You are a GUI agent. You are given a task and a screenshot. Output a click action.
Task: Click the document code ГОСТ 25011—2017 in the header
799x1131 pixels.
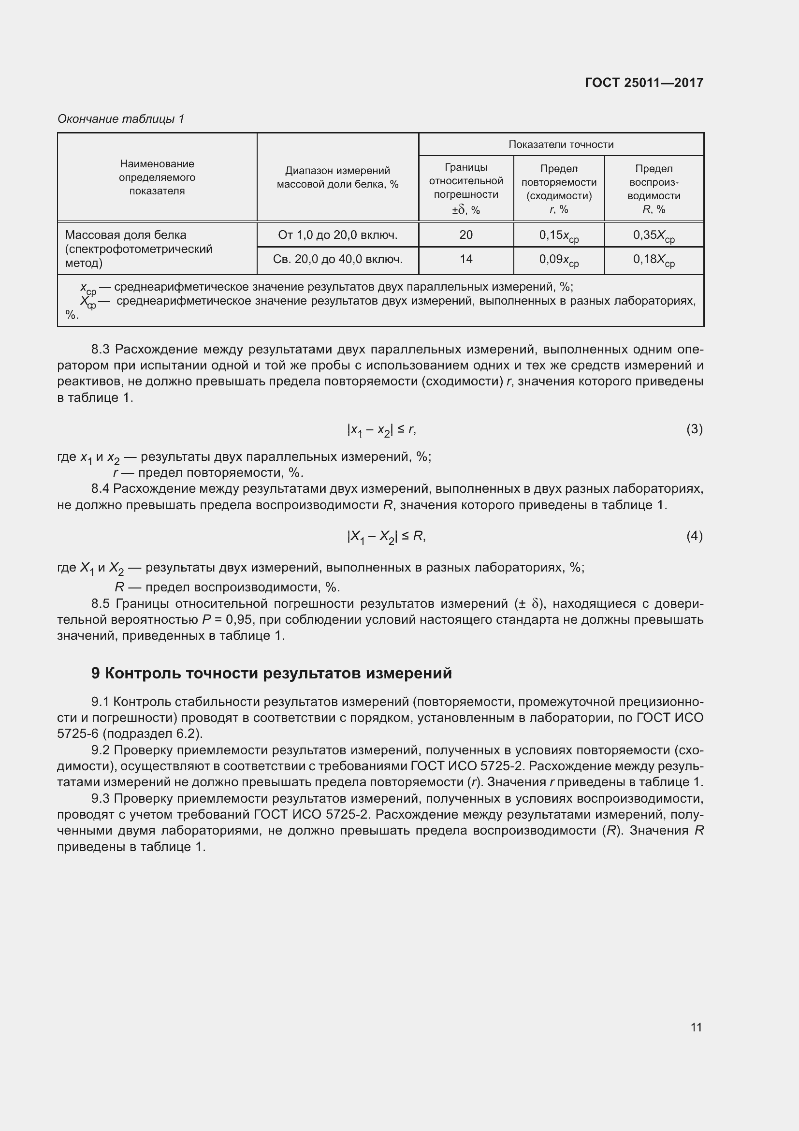point(644,82)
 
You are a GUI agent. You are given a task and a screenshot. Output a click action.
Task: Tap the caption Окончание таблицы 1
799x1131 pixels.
point(121,119)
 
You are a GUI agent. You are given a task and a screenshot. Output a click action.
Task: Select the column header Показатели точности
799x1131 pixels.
point(561,144)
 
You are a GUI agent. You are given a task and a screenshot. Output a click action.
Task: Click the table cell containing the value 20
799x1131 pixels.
point(465,235)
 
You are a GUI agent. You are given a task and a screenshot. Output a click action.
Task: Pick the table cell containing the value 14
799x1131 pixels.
point(465,259)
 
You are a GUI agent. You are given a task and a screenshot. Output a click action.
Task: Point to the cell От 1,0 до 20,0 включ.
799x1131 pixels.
point(338,235)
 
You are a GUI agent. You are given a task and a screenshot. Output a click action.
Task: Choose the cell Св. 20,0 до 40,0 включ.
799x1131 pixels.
point(338,259)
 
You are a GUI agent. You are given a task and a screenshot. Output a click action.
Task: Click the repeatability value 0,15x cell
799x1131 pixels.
point(559,236)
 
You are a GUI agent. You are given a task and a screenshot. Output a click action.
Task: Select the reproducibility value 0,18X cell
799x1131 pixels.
point(654,260)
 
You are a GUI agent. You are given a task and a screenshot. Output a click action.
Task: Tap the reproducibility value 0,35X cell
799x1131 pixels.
point(654,236)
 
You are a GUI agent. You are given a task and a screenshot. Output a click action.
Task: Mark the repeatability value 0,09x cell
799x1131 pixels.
point(559,260)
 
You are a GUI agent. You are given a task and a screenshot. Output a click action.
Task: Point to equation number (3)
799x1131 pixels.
point(694,429)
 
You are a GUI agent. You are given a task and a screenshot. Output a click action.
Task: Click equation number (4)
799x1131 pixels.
point(694,535)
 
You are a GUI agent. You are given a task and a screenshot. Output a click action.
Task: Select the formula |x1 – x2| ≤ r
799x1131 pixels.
point(381,430)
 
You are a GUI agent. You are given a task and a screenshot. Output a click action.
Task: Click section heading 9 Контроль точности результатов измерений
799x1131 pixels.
point(271,673)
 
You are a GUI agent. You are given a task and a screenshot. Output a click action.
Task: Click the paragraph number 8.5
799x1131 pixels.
point(102,603)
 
